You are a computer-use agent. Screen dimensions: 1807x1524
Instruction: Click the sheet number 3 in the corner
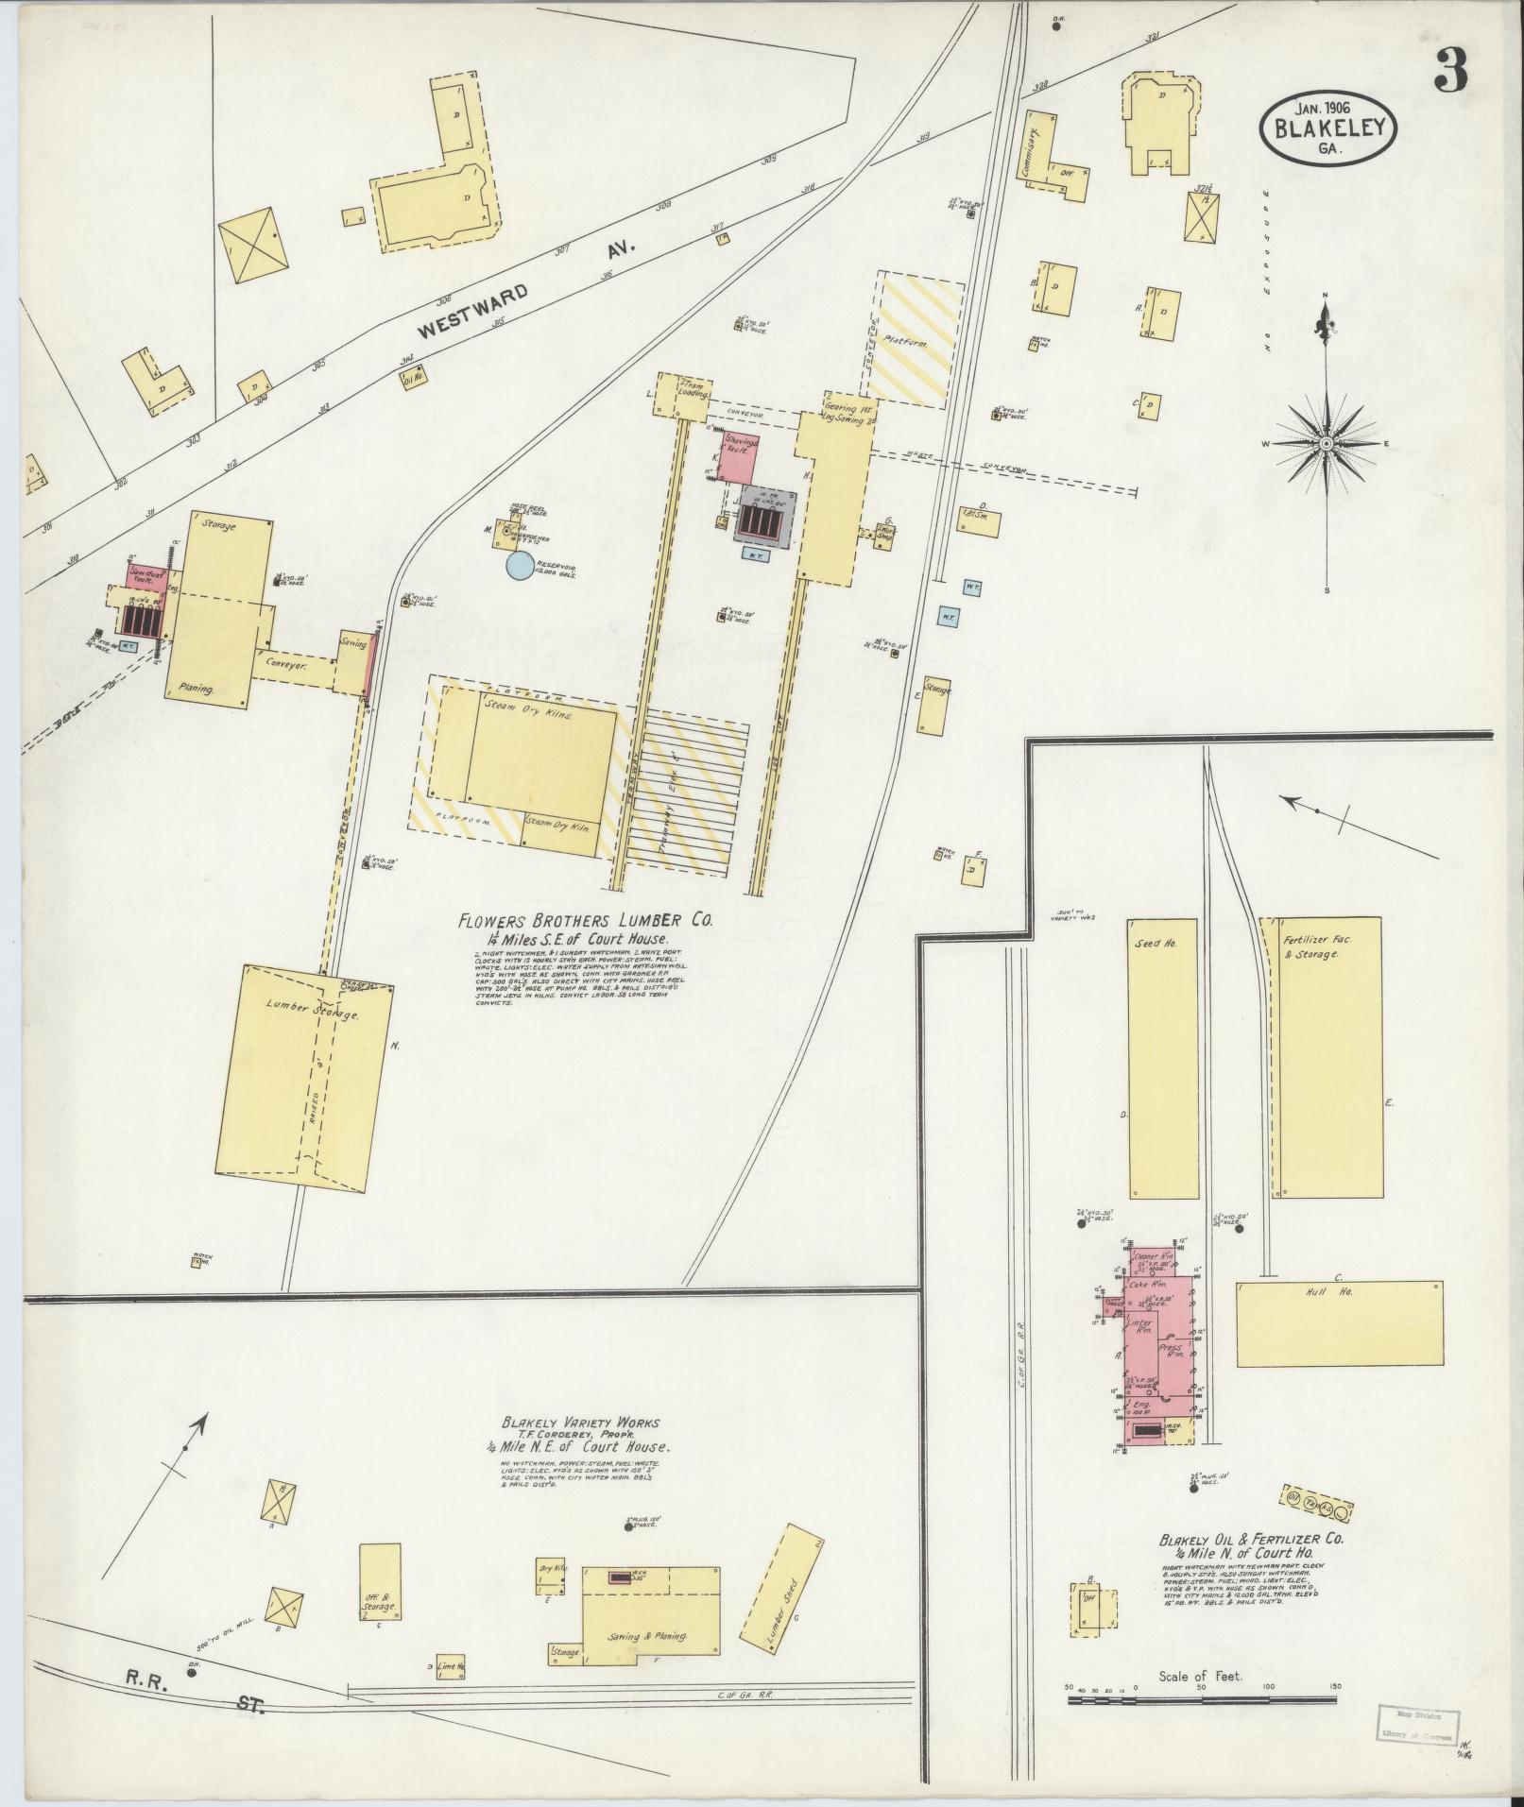(x=1450, y=70)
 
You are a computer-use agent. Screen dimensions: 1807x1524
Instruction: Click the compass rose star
(x=1327, y=443)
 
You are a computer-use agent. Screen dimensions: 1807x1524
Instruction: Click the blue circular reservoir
(x=519, y=566)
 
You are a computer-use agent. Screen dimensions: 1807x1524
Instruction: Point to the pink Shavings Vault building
(x=739, y=459)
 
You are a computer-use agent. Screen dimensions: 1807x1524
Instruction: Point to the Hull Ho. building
(x=1338, y=1323)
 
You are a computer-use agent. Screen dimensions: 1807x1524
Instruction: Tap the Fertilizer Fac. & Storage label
(x=1311, y=946)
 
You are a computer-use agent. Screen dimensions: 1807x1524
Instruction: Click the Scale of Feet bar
(x=1202, y=1699)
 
